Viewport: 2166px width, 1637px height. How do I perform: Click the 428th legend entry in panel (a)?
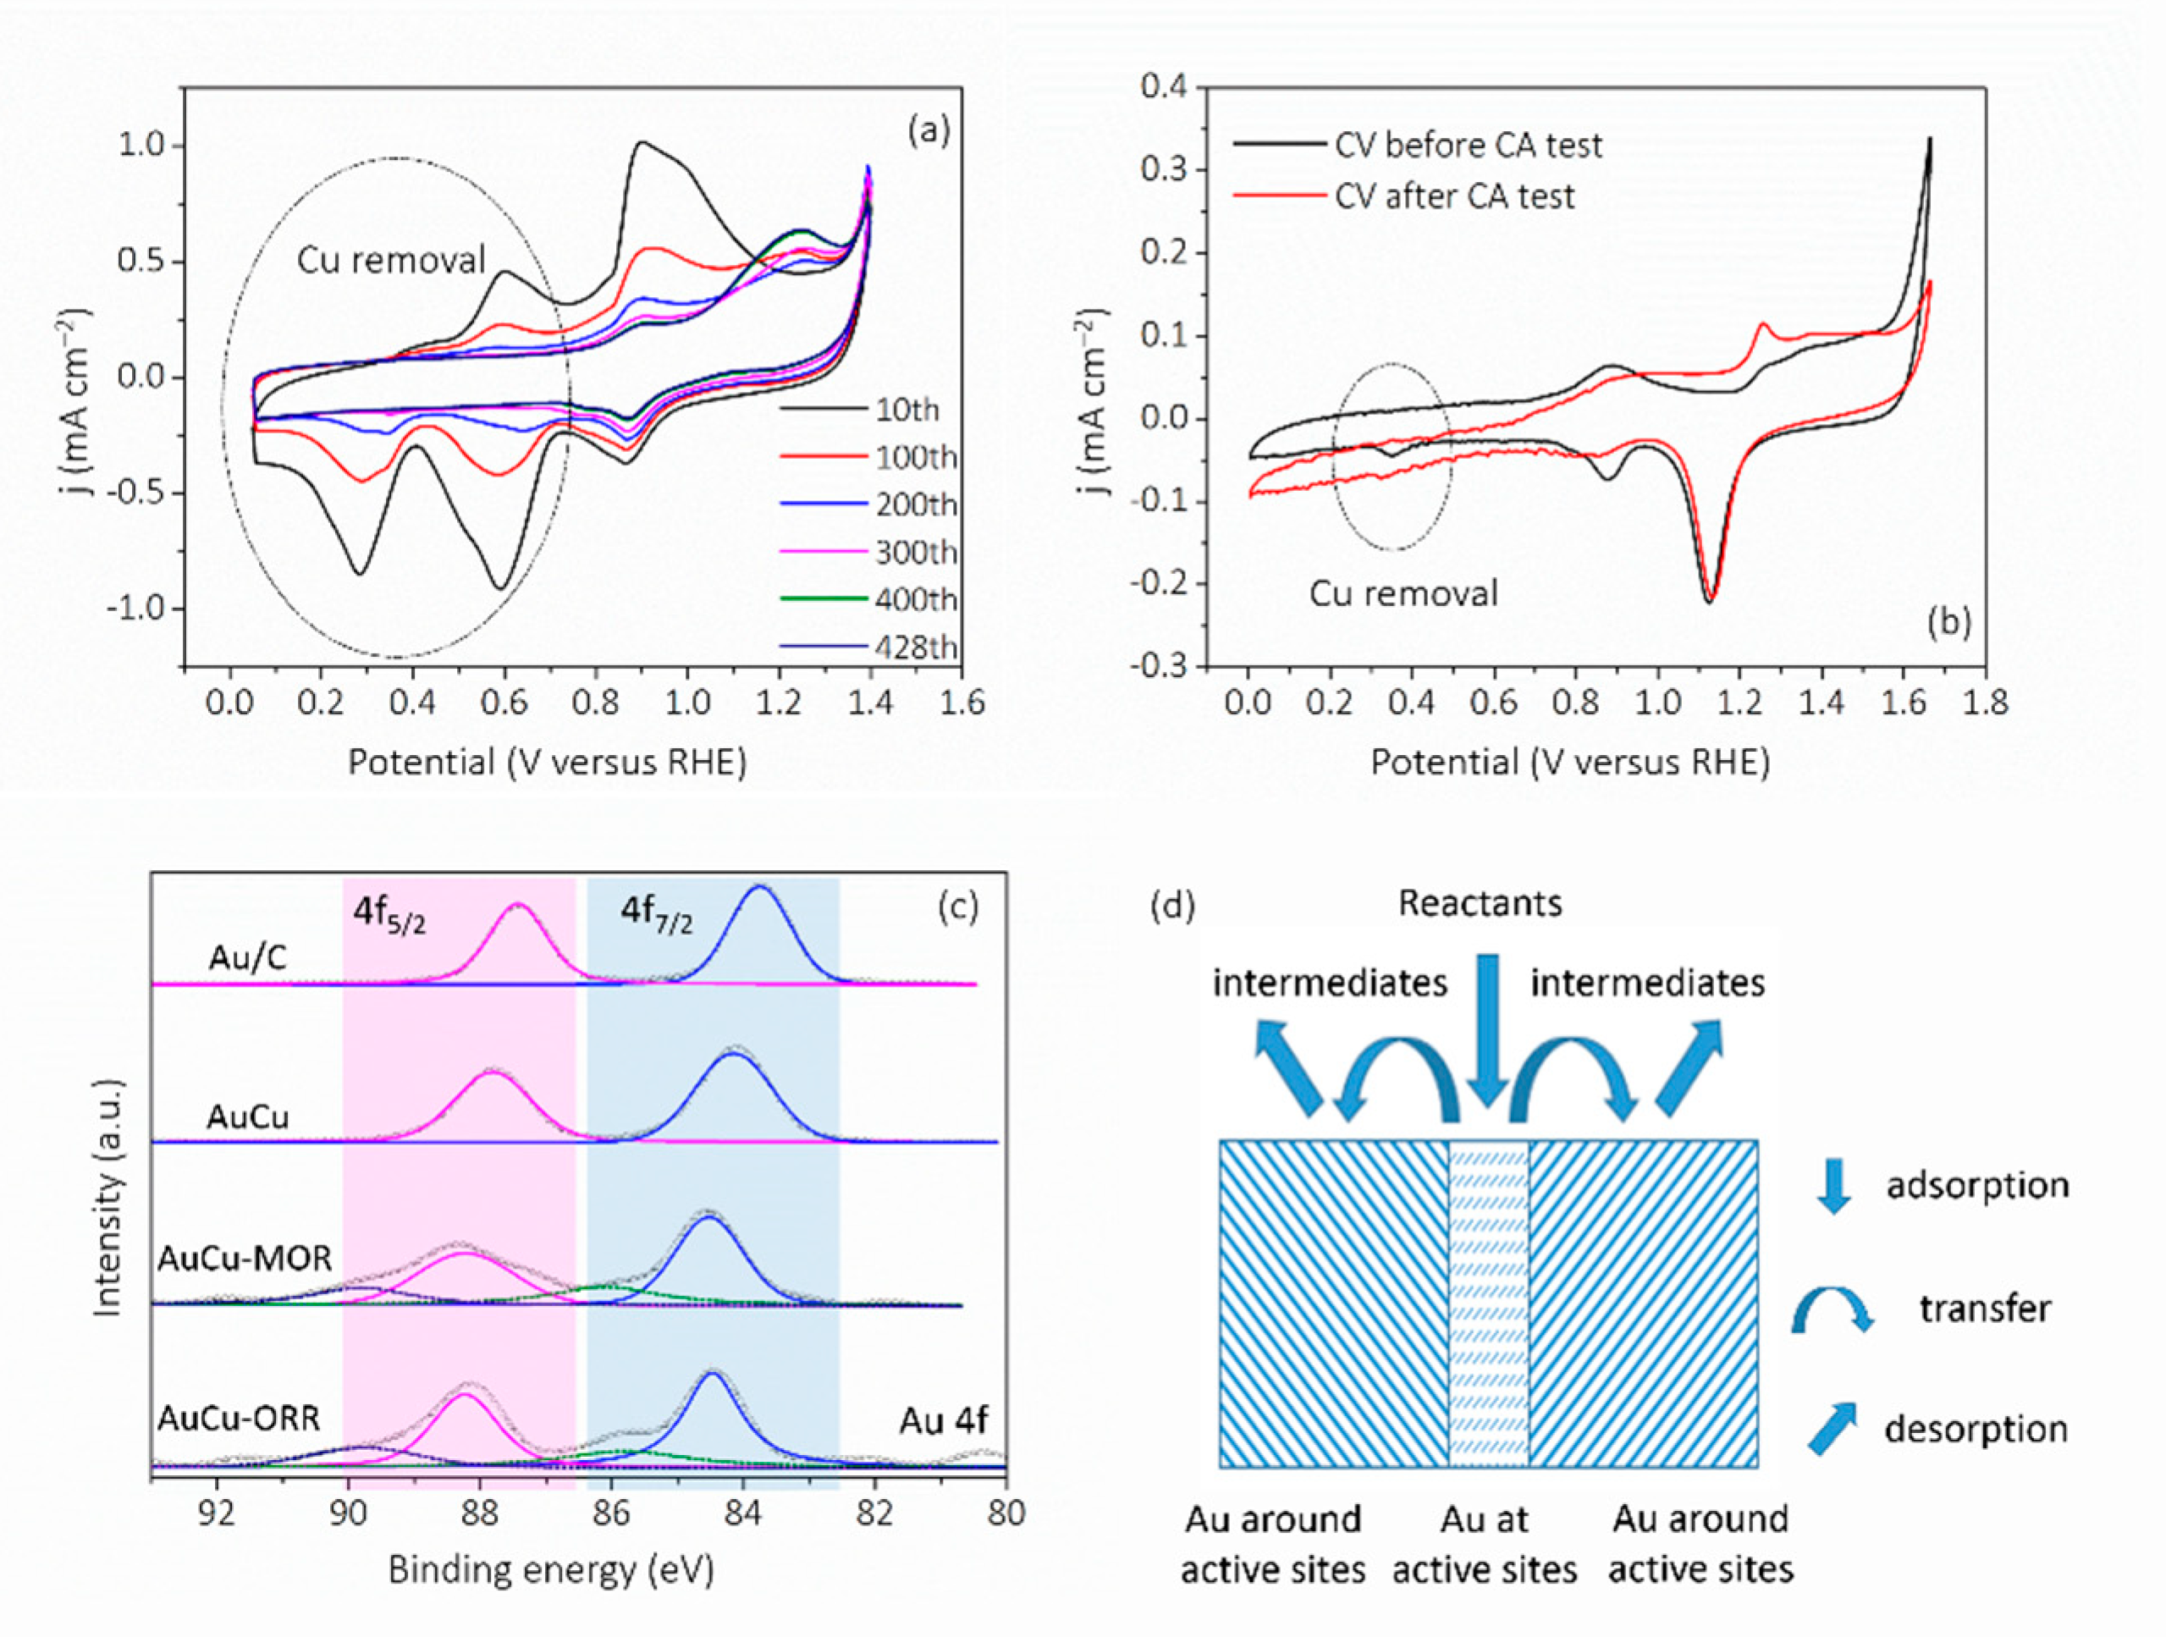click(x=915, y=648)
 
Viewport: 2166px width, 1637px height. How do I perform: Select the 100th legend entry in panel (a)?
click(x=915, y=457)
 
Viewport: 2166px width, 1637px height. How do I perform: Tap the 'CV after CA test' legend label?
click(x=1454, y=196)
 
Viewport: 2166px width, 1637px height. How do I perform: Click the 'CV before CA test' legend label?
click(x=1468, y=145)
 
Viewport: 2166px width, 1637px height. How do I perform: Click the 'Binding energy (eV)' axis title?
click(x=551, y=1569)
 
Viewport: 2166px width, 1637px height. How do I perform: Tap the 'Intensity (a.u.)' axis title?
click(x=108, y=1196)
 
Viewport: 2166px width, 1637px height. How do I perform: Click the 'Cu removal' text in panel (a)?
click(x=391, y=260)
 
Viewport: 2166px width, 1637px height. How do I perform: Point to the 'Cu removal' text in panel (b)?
click(x=1403, y=593)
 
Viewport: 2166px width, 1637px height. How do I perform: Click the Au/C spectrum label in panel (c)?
click(x=248, y=957)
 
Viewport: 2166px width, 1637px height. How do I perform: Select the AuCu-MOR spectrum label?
click(x=245, y=1257)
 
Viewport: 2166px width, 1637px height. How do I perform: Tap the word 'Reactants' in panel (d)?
click(x=1480, y=901)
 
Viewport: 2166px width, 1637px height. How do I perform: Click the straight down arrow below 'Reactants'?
click(x=1487, y=1028)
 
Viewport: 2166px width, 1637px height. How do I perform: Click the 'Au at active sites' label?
click(x=1485, y=1544)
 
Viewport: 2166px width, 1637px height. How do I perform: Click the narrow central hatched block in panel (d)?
click(x=1488, y=1302)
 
